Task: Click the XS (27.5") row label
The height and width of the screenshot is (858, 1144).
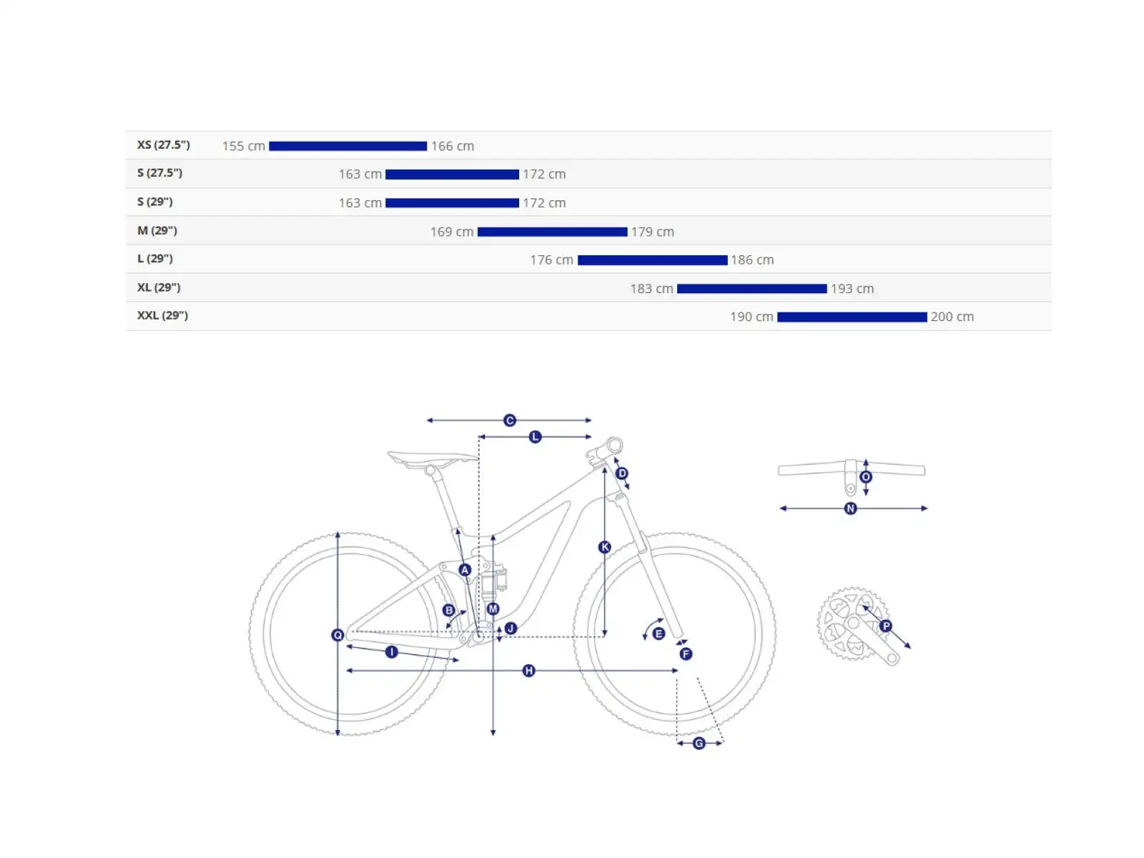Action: [163, 145]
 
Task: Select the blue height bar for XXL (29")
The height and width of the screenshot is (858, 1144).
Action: [852, 317]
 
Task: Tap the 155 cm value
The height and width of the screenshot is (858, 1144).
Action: [243, 146]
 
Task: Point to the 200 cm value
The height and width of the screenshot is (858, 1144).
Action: [952, 317]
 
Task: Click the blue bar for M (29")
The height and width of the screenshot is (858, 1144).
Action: [552, 232]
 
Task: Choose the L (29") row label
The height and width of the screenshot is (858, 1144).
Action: [154, 258]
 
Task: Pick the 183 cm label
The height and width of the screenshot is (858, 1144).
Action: [651, 289]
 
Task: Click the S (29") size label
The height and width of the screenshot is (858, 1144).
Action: [154, 202]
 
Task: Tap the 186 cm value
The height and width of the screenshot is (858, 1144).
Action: [752, 260]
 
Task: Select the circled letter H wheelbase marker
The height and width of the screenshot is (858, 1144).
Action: [528, 671]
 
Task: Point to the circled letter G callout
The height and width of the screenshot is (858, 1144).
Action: [699, 743]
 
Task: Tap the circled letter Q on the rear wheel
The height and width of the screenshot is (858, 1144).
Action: [337, 635]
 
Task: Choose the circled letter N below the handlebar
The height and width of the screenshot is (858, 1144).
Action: [850, 508]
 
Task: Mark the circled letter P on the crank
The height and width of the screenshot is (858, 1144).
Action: [885, 626]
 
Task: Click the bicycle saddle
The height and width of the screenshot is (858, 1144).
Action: [432, 458]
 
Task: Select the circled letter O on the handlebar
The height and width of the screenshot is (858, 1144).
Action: [866, 477]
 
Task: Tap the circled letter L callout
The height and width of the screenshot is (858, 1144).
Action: [535, 437]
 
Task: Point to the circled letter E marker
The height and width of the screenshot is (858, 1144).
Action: [659, 633]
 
